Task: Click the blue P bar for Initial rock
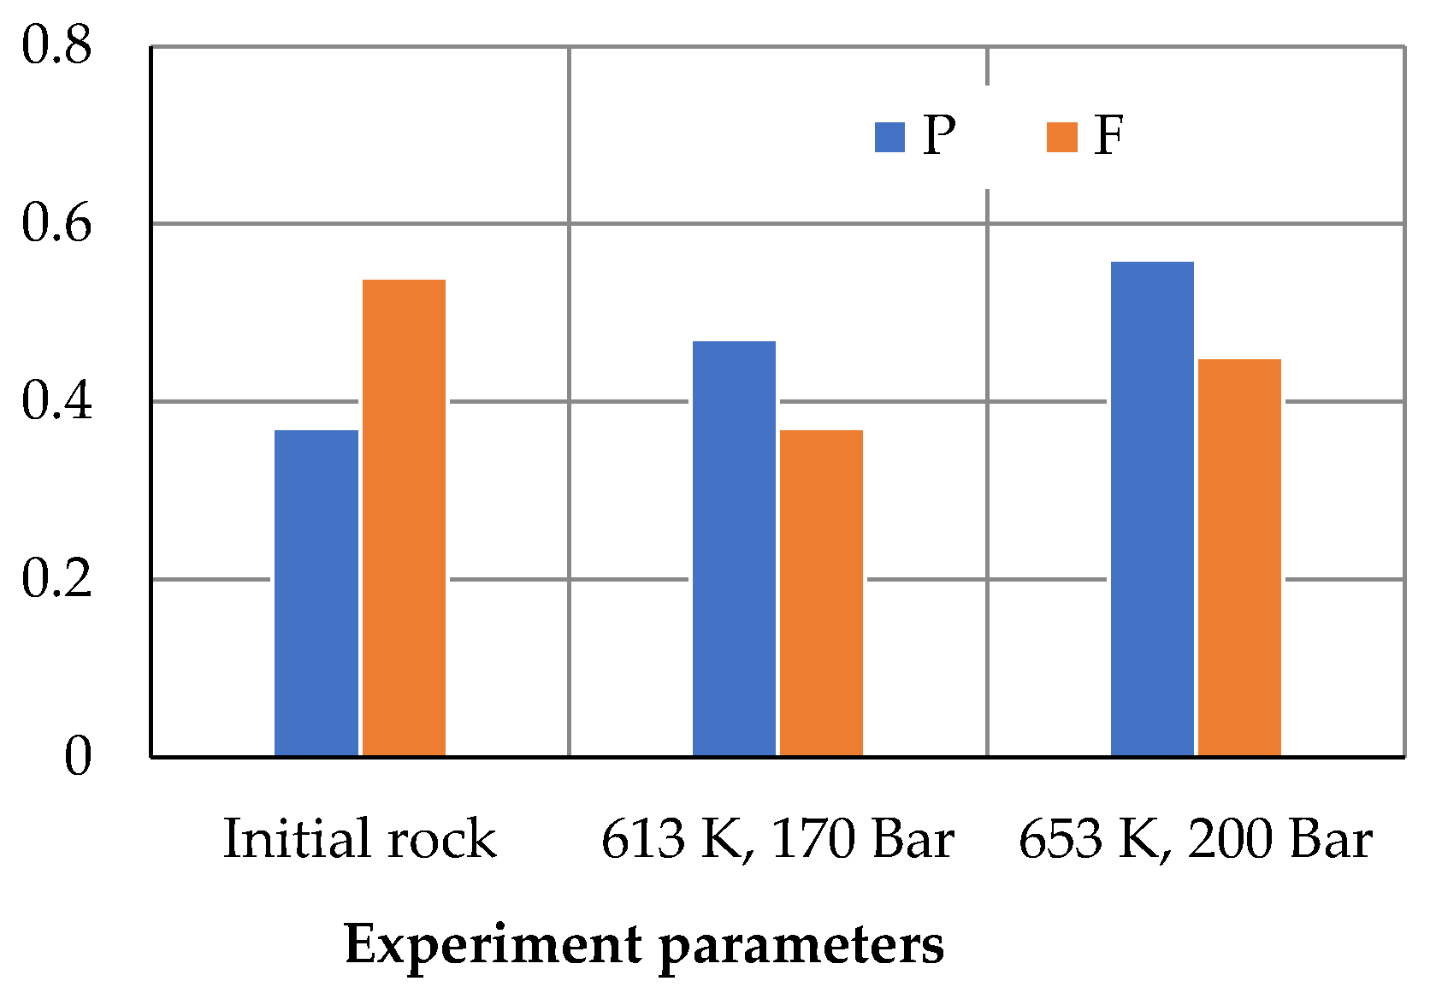[x=316, y=593]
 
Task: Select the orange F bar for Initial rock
[x=404, y=517]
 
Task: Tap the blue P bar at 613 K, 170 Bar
[x=734, y=548]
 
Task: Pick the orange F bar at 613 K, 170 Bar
[x=821, y=593]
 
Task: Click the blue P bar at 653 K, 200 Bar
[x=1152, y=509]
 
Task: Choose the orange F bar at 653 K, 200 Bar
[x=1239, y=557]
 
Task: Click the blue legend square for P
[x=889, y=137]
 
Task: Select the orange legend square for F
[x=1061, y=137]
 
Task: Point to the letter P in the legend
[x=939, y=135]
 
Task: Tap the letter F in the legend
[x=1109, y=135]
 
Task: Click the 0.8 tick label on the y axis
[x=56, y=44]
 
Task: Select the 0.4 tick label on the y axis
[x=56, y=400]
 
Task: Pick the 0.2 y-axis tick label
[x=56, y=578]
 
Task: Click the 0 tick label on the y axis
[x=78, y=756]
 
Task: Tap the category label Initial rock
[x=359, y=839]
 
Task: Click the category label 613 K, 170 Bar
[x=777, y=839]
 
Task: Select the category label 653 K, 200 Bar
[x=1196, y=839]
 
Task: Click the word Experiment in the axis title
[x=493, y=946]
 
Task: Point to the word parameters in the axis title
[x=801, y=946]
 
